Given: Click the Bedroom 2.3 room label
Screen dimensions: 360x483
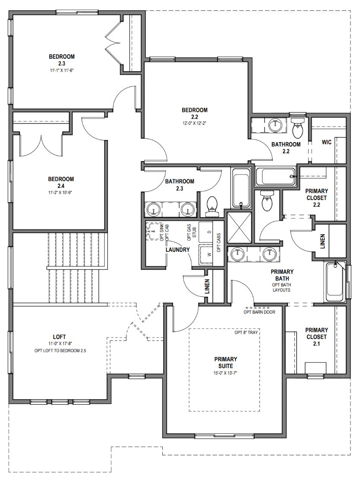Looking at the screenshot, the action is click(62, 60).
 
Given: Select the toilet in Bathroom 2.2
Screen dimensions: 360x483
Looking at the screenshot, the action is click(298, 127).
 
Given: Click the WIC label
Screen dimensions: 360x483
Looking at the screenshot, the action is click(326, 142).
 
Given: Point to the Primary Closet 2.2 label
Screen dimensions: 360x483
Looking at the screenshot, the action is click(316, 198).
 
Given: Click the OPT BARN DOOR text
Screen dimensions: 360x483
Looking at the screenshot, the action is click(259, 312).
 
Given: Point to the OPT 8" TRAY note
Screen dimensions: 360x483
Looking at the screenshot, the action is click(246, 332).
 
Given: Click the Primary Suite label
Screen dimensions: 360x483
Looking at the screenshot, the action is click(225, 362).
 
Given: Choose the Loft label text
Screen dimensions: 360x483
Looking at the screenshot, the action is click(59, 337).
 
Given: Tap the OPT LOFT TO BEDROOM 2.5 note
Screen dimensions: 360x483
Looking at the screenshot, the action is click(60, 350).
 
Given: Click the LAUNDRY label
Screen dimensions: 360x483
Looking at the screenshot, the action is click(177, 250).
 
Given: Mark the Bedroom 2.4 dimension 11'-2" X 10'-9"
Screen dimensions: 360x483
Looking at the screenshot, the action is click(61, 192).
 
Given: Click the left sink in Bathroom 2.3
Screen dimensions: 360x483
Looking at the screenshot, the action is click(153, 210).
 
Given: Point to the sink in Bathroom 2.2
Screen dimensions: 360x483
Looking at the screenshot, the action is click(275, 125).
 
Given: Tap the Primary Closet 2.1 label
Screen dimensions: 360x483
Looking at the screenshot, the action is click(316, 337).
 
